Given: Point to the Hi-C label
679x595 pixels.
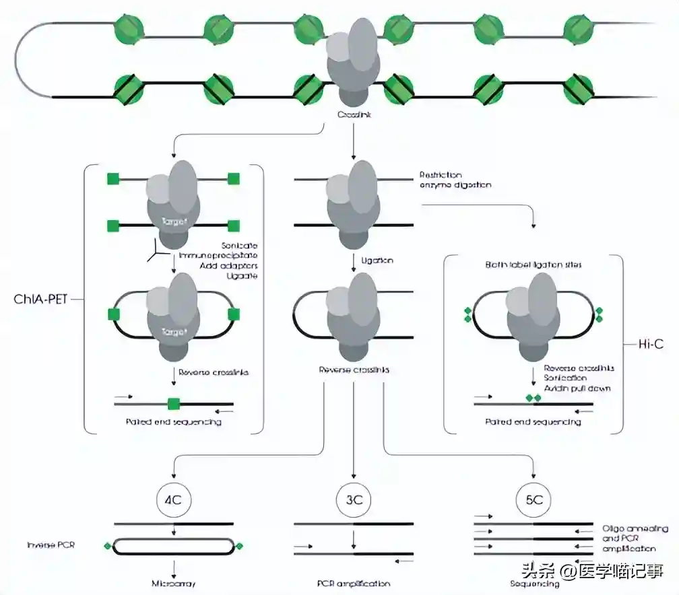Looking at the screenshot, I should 651,344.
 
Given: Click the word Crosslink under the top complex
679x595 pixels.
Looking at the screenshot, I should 354,115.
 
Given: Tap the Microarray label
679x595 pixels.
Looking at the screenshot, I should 173,584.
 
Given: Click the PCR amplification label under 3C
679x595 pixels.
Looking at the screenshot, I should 353,584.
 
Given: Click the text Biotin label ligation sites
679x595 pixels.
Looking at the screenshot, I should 533,265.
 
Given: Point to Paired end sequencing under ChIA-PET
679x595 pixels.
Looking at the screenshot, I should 173,422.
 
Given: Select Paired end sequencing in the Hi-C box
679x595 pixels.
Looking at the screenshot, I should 533,422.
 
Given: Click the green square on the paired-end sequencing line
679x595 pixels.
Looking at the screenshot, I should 174,404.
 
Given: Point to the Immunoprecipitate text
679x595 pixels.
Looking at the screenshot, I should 218,256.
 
